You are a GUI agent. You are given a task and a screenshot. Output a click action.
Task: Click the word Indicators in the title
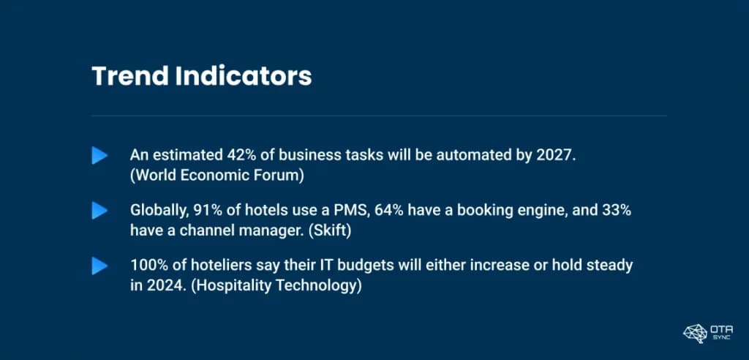click(244, 76)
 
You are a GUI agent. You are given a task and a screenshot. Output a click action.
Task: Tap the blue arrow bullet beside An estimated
click(99, 155)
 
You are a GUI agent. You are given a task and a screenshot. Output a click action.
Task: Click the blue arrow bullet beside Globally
click(99, 210)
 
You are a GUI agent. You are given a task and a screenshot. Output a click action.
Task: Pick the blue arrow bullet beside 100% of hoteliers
click(99, 266)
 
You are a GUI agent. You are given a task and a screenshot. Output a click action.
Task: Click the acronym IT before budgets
click(305, 266)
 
